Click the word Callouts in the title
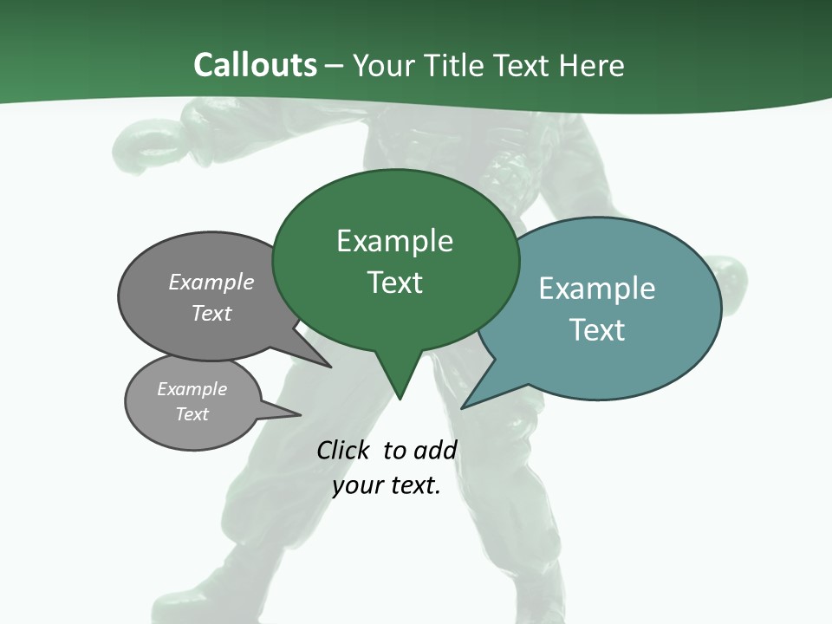coord(255,65)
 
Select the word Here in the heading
coord(591,65)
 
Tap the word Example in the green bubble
coord(394,241)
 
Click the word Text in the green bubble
coord(394,283)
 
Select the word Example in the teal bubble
coord(596,289)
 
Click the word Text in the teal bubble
coord(596,330)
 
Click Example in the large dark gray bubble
coord(211,282)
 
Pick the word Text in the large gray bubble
coord(211,313)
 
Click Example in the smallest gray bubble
coord(192,389)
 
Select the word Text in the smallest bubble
coord(192,414)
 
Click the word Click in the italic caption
coord(342,450)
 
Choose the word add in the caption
coord(434,450)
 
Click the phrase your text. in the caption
coord(386,485)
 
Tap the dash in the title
coord(335,66)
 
